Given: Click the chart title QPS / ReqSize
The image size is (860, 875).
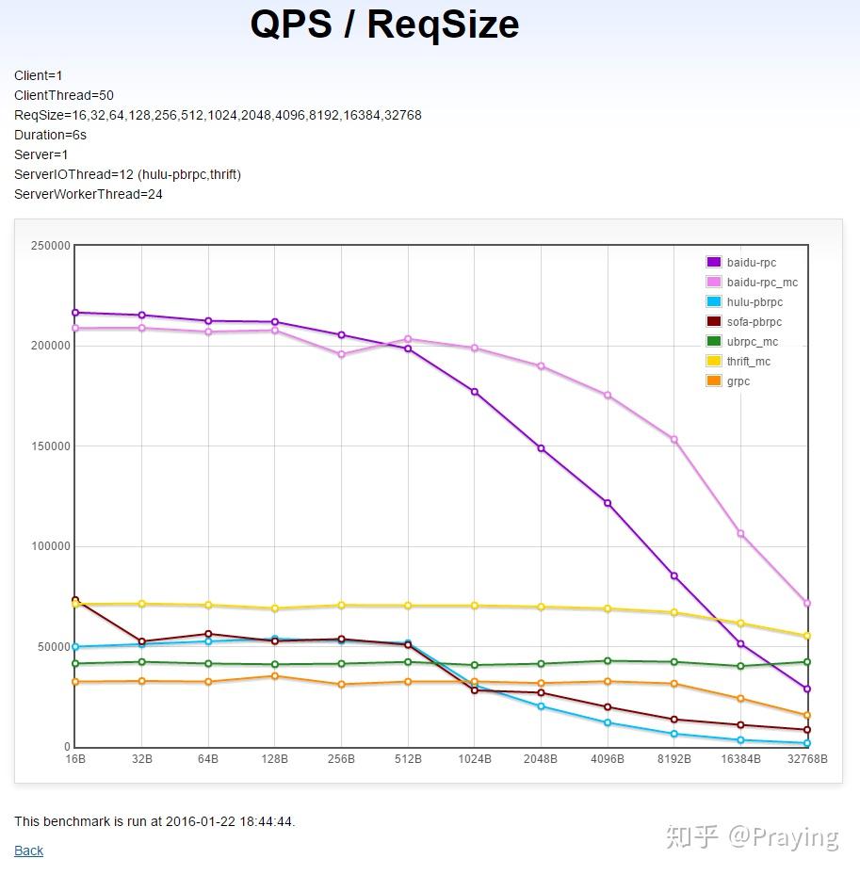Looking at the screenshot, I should [x=384, y=24].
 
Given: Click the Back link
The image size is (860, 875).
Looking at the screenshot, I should [x=28, y=851].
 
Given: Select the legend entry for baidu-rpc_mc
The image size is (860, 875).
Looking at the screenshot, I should [x=762, y=283].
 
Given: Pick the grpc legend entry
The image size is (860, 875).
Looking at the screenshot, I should [x=738, y=381].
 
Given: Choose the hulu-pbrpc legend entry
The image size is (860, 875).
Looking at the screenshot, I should [x=755, y=302].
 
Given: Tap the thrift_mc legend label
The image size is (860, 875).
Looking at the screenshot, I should [x=749, y=362].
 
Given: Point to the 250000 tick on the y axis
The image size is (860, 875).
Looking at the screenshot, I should [x=52, y=246].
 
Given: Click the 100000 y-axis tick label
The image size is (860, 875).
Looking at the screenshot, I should [x=52, y=546].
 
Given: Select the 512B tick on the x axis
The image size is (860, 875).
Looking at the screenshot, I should [x=408, y=759].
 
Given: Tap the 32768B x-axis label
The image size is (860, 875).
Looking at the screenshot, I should [x=805, y=759].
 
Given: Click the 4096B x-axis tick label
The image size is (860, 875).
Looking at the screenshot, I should [x=608, y=759].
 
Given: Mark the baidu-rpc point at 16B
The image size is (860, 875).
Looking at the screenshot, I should [x=75, y=313].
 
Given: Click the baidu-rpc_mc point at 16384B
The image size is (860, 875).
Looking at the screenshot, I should [x=741, y=534].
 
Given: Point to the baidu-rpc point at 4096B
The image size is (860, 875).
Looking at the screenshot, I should [x=608, y=504].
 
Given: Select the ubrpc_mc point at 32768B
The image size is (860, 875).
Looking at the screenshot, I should [x=807, y=662].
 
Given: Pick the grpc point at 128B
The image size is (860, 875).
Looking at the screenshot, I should [x=275, y=676].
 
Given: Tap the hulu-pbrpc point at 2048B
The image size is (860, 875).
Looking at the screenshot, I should [x=541, y=706].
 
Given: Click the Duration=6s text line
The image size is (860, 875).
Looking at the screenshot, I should [x=50, y=135].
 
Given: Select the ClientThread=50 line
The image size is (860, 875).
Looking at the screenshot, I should [x=64, y=95].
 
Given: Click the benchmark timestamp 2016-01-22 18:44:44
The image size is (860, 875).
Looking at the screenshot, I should [x=229, y=821].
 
